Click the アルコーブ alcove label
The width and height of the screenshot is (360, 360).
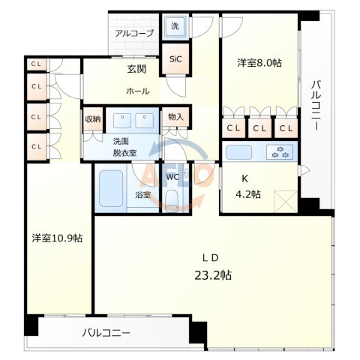pyautogui.click(x=134, y=34)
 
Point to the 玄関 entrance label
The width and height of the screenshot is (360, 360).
pyautogui.click(x=136, y=70)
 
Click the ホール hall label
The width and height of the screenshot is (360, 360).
pyautogui.click(x=137, y=91)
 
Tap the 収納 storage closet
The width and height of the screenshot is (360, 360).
pyautogui.click(x=92, y=120)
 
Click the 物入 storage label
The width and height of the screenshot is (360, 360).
pyautogui.click(x=176, y=117)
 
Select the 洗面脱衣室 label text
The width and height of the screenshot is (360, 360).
pyautogui.click(x=124, y=147)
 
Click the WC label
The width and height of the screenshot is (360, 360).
pyautogui.click(x=172, y=178)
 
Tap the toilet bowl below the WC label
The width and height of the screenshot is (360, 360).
pyautogui.click(x=172, y=199)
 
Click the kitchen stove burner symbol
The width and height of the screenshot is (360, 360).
pyautogui.click(x=284, y=151)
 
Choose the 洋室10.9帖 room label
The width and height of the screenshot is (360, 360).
pyautogui.click(x=57, y=238)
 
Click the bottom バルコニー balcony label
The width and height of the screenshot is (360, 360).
pyautogui.click(x=107, y=331)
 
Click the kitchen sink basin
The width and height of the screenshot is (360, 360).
pyautogui.click(x=241, y=151)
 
